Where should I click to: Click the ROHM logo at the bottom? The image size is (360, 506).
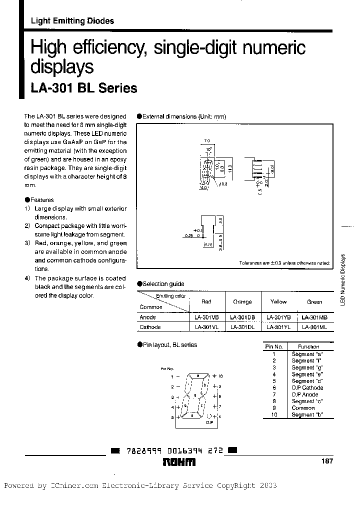pyautogui.click(x=179, y=462)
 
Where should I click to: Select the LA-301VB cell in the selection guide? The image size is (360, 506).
pyautogui.click(x=206, y=317)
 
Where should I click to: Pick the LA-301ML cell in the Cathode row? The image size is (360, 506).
pyautogui.click(x=314, y=327)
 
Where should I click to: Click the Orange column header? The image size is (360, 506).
pyautogui.click(x=242, y=302)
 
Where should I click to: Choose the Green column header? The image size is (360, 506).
pyautogui.click(x=314, y=302)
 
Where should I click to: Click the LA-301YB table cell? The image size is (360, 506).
pyautogui.click(x=278, y=317)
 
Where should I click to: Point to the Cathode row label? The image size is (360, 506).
pyautogui.click(x=150, y=327)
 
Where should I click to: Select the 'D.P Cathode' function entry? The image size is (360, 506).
pyautogui.click(x=307, y=387)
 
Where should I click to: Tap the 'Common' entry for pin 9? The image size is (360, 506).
pyautogui.click(x=303, y=408)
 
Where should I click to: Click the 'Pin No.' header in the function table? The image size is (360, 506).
pyautogui.click(x=274, y=346)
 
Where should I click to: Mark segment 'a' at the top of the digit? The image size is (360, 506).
pyautogui.click(x=197, y=375)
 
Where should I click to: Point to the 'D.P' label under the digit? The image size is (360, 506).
pyautogui.click(x=209, y=422)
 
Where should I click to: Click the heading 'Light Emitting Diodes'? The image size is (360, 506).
pyautogui.click(x=72, y=21)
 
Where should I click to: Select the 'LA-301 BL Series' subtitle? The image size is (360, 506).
pyautogui.click(x=84, y=88)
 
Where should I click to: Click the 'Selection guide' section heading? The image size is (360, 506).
pyautogui.click(x=163, y=284)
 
